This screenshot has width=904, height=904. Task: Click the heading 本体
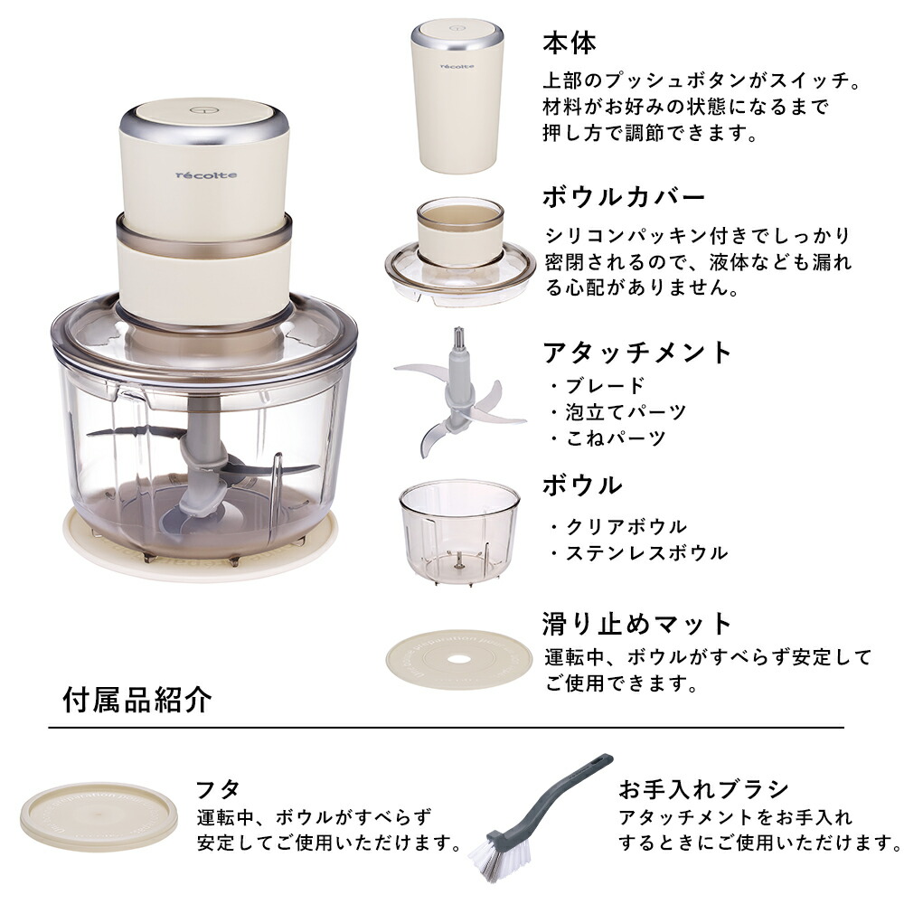tap(570, 42)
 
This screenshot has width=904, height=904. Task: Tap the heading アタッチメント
tap(636, 352)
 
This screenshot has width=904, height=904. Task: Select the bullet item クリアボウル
tap(625, 526)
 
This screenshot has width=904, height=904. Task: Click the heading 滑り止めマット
tap(636, 623)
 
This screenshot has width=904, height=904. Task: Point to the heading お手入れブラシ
tap(704, 788)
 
